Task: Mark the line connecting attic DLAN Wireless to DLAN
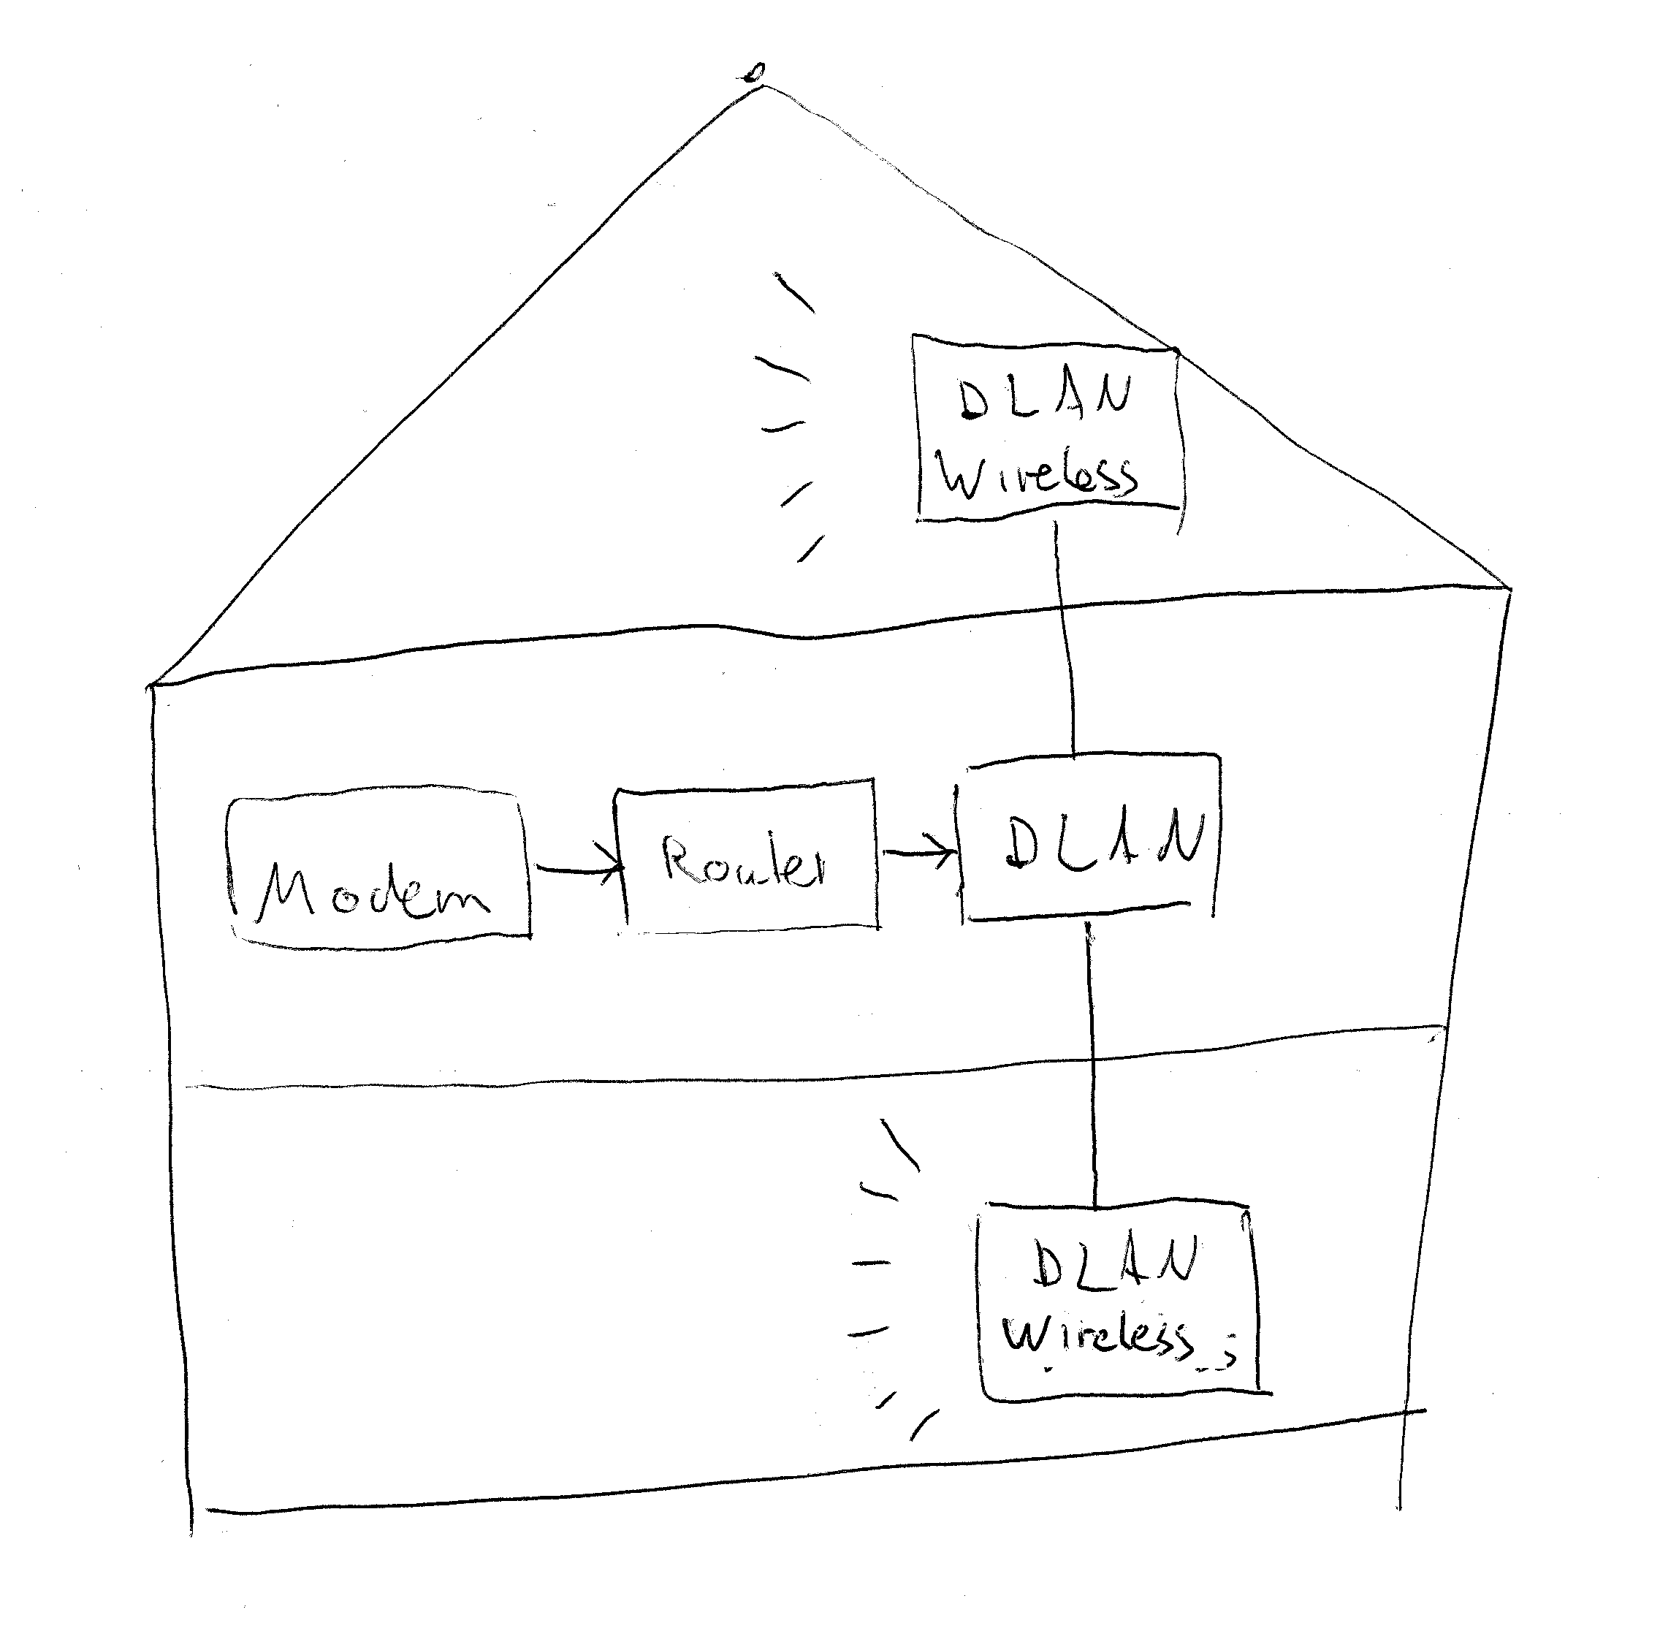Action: pyautogui.click(x=1066, y=638)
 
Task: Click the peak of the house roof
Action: pyautogui.click(x=759, y=87)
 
